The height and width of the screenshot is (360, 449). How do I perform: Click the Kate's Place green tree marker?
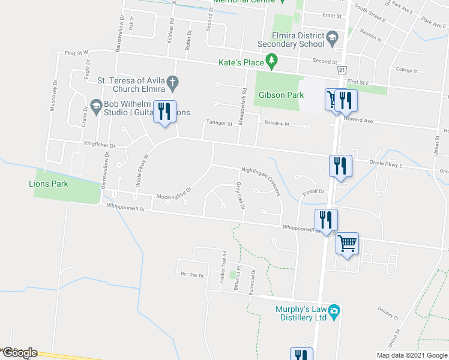pyautogui.click(x=273, y=61)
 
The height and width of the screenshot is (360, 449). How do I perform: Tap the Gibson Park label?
pyautogui.click(x=281, y=95)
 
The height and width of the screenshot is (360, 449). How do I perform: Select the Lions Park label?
pyautogui.click(x=46, y=183)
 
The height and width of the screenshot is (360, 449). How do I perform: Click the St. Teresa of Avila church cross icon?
pyautogui.click(x=172, y=81)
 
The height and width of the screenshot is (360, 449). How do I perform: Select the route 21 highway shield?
pyautogui.click(x=342, y=71)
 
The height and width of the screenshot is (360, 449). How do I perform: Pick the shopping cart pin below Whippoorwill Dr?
pyautogui.click(x=347, y=244)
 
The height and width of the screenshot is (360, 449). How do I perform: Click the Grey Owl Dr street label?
pyautogui.click(x=240, y=197)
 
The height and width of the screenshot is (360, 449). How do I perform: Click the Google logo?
pyautogui.click(x=19, y=353)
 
